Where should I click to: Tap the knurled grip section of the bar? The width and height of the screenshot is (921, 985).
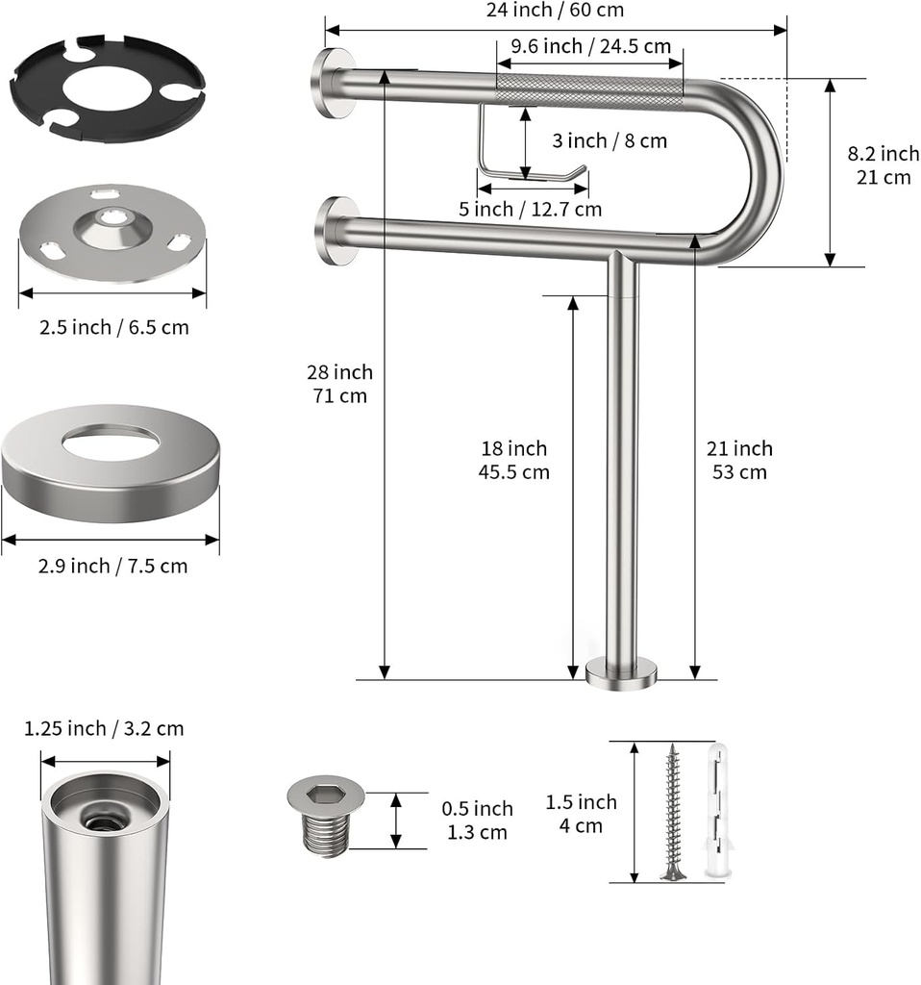[588, 90]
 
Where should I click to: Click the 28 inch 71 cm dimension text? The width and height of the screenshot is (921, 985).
[339, 384]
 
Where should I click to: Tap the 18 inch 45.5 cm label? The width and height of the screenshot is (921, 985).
[513, 460]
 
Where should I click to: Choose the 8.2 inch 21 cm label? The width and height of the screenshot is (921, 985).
[883, 165]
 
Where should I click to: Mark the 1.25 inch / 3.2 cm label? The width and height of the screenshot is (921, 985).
[104, 728]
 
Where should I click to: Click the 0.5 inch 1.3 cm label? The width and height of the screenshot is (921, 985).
[477, 821]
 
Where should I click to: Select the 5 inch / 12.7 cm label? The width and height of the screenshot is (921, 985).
[530, 209]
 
